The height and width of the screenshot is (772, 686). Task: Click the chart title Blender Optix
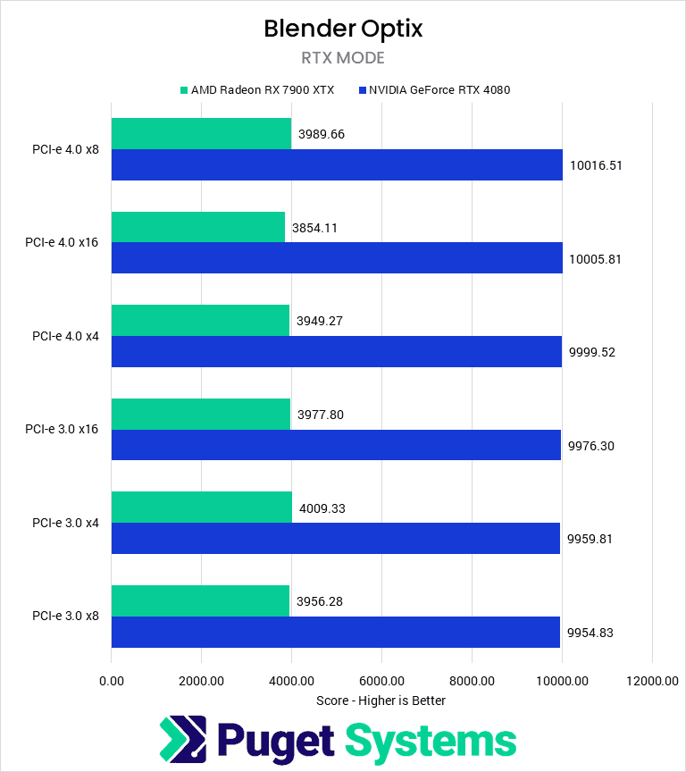[x=343, y=29]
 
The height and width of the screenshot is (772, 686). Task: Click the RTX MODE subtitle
[x=343, y=59]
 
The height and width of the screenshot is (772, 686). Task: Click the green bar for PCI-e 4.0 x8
[x=201, y=134]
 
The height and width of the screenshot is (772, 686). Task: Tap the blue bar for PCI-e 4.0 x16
[x=337, y=258]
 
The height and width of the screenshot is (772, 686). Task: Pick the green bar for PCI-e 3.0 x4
[x=202, y=508]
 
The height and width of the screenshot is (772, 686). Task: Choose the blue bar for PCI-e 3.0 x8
[x=336, y=632]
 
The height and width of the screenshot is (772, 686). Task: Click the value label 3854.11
[x=317, y=228]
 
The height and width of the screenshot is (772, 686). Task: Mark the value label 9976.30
[x=591, y=446]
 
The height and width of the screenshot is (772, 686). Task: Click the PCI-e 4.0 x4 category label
[x=65, y=336]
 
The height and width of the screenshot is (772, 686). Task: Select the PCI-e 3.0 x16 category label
[x=63, y=430]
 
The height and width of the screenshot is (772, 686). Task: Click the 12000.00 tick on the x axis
[x=652, y=681]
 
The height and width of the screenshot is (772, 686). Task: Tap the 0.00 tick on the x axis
[x=112, y=681]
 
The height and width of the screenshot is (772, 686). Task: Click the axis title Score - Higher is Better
[x=381, y=701]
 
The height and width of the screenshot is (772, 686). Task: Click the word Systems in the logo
[x=431, y=741]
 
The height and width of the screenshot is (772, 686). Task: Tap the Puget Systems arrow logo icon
[x=182, y=741]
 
